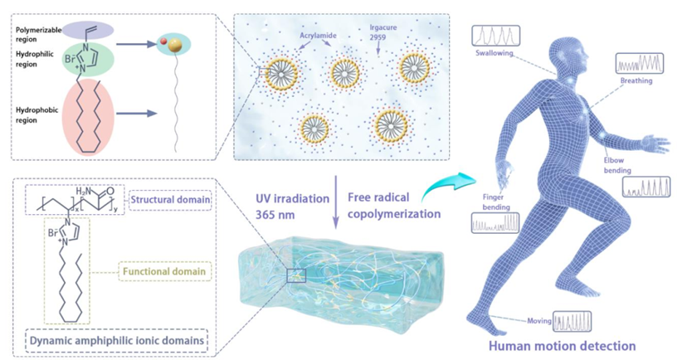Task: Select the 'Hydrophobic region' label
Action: click(x=36, y=111)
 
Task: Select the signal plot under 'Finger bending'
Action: click(x=495, y=222)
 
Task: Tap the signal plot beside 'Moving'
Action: click(x=572, y=321)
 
